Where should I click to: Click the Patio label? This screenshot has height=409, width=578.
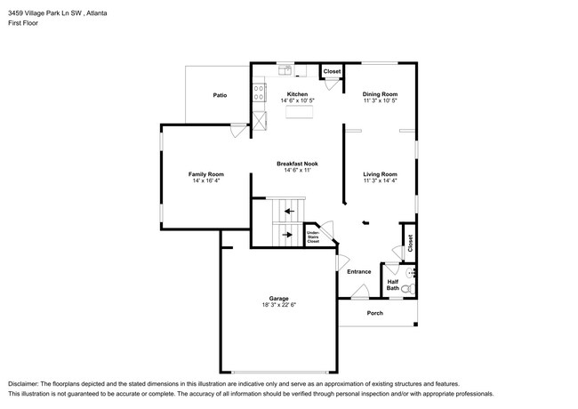coord(219,95)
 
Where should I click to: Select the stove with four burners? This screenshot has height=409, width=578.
coord(259,90)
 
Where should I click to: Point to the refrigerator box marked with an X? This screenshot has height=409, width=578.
coord(259,122)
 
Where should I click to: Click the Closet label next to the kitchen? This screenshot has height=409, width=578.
coord(332,71)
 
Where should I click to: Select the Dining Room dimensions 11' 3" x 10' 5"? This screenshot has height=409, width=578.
coord(380,101)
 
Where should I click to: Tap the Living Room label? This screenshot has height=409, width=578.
coord(380,174)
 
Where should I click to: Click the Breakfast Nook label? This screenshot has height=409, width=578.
coord(297,164)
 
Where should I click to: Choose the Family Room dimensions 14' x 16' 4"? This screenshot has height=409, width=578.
coord(205,181)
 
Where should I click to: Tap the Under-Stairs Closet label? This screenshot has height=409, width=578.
coord(313,237)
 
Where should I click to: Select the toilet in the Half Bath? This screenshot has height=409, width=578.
coord(406,288)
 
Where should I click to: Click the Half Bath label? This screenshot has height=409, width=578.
coord(392,285)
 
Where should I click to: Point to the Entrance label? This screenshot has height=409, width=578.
coord(359,271)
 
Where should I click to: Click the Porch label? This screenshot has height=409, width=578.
coord(374,313)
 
